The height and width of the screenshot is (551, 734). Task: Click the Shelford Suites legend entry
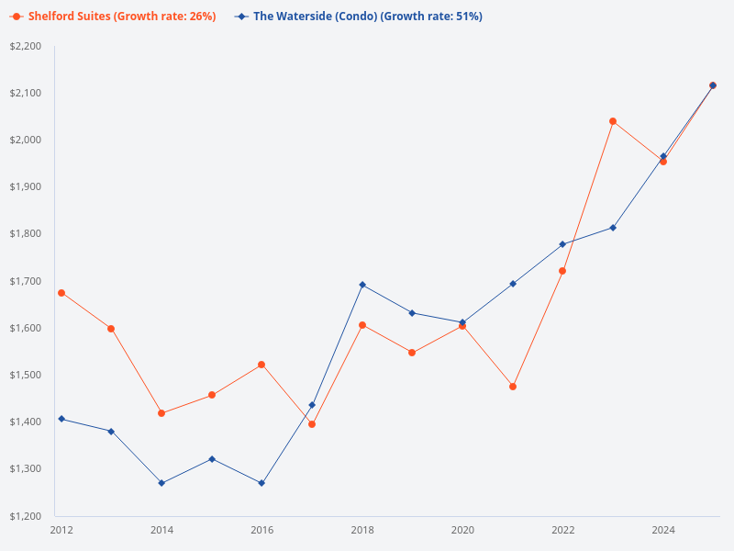[116, 17]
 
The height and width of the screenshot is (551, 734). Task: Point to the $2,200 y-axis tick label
[26, 46]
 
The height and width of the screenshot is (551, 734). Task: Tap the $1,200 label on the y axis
[26, 515]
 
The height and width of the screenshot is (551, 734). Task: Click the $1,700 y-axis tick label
[26, 281]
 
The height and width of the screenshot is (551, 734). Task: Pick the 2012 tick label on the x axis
[61, 530]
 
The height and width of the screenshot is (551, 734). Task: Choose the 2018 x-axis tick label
[362, 530]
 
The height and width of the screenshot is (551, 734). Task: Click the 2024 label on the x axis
[663, 530]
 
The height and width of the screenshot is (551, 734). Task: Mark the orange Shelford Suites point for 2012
[61, 293]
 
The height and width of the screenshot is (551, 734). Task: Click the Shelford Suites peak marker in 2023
[613, 121]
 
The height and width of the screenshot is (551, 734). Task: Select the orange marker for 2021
[513, 387]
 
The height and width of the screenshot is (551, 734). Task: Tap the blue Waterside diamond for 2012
[61, 419]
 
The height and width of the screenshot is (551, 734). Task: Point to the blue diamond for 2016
[261, 483]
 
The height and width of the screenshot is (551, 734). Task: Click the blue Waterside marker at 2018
[362, 285]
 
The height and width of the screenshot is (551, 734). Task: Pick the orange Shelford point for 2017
[312, 424]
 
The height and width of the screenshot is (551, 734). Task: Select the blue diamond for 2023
[613, 228]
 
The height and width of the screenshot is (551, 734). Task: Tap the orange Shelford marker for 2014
[161, 413]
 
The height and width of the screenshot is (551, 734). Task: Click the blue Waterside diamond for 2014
[161, 483]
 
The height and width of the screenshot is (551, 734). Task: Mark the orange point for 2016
[261, 365]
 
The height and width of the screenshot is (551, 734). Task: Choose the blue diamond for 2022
[562, 244]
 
